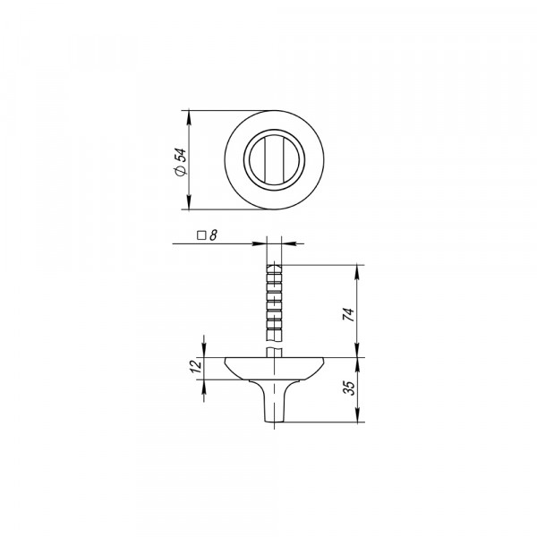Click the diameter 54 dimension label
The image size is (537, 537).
point(180,162)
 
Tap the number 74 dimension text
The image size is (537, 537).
point(349,314)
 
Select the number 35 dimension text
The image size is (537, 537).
point(351,388)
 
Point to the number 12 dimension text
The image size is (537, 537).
point(196,366)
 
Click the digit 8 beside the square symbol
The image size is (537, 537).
point(213,235)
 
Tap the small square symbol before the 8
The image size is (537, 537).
point(201,235)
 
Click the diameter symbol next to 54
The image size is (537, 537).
point(181,171)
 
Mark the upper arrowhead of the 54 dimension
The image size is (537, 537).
point(189,117)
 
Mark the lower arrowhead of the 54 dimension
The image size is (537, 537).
point(189,202)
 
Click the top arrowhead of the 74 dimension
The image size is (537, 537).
point(358,271)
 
